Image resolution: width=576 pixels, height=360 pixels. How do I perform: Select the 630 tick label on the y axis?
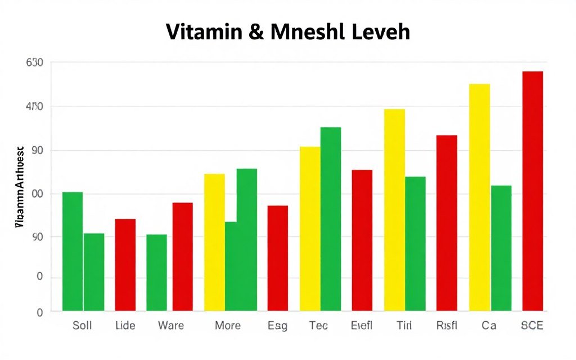35,62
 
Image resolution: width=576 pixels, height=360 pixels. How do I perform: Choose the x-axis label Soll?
82,326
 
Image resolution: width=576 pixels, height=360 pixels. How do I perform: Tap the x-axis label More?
228,326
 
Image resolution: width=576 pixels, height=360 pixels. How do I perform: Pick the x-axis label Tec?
319,326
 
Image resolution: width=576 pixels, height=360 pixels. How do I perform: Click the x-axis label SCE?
532,326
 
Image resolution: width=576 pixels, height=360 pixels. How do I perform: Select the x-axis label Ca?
488,326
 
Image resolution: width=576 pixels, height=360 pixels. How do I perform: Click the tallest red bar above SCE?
533,191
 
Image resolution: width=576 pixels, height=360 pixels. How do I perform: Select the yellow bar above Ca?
479,197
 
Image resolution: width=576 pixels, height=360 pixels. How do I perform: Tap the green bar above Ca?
501,248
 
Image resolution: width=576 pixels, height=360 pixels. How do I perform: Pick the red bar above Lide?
125,264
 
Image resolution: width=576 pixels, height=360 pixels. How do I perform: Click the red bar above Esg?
277,258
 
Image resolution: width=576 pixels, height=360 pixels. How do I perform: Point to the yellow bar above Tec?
310,228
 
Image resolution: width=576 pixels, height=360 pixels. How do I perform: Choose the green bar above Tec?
331,219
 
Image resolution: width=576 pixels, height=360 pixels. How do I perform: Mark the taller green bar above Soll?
73,251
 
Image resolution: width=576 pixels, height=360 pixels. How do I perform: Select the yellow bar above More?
214,242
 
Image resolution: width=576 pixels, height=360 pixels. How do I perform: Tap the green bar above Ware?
156,272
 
